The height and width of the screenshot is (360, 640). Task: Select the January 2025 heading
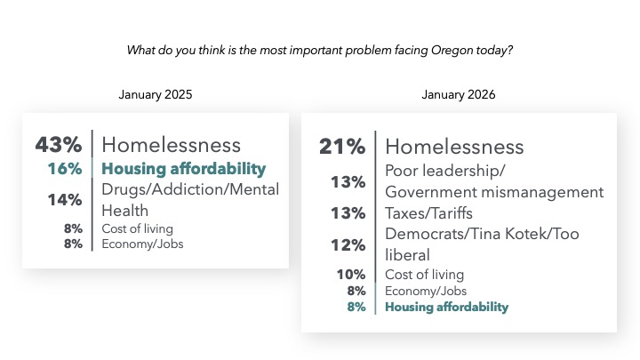click(156, 94)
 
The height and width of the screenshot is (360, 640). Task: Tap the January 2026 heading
click(459, 94)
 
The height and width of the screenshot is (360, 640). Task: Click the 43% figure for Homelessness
click(60, 144)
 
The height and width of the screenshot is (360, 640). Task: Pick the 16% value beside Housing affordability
click(67, 169)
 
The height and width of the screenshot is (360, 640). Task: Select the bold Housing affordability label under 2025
click(184, 169)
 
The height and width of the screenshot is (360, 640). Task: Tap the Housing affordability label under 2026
click(446, 308)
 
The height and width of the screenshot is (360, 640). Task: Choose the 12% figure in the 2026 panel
click(348, 244)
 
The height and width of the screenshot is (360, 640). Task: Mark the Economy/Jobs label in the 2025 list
click(142, 244)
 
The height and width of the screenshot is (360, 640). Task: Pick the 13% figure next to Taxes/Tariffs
click(348, 213)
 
